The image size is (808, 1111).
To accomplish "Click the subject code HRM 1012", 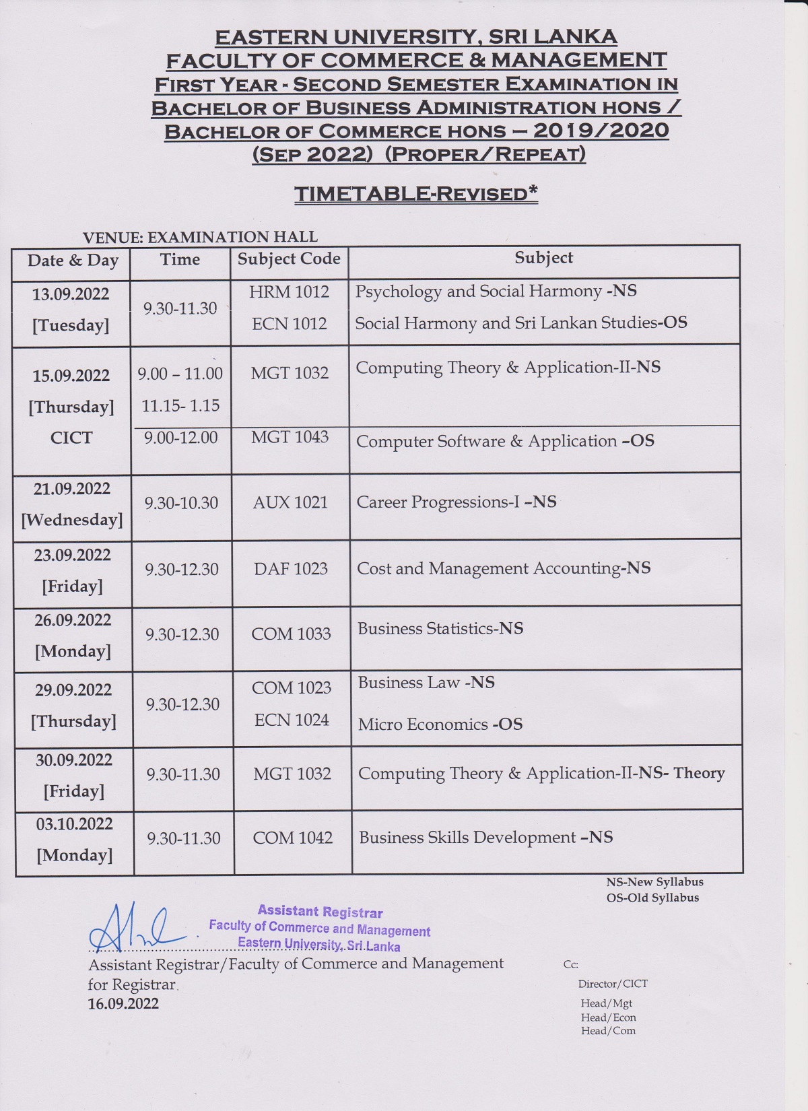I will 290,292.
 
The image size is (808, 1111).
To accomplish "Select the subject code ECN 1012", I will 290,324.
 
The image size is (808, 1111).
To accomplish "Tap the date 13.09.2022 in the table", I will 71,294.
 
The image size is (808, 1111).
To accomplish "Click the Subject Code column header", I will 289,259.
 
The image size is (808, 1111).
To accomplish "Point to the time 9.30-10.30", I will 181,503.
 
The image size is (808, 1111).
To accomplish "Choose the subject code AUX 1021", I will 290,503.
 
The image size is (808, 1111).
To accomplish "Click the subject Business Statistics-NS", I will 440,629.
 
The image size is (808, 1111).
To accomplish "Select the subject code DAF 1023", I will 291,569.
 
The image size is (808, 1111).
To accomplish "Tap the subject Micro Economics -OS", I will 440,725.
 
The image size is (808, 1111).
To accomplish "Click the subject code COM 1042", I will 292,838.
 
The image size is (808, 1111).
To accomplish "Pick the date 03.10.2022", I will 74,824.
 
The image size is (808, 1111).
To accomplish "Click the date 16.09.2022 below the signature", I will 123,1004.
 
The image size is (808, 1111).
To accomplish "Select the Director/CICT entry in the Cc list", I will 613,984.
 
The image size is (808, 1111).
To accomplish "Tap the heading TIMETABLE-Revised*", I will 416,194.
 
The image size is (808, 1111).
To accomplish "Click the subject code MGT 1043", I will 290,438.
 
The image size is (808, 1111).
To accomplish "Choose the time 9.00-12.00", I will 181,438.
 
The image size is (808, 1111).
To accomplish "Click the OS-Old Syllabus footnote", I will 652,898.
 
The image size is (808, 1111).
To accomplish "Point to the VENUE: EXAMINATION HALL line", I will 200,237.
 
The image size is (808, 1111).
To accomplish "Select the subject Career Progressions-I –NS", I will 457,502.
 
